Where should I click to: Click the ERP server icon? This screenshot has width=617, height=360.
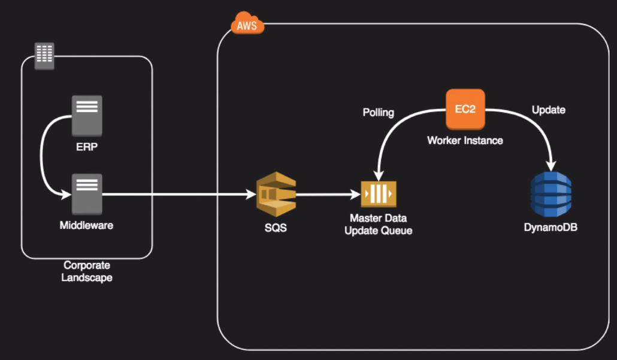coord(87,116)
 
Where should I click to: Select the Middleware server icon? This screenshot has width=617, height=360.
coord(87,194)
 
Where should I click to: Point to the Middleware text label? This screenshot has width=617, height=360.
coord(86,226)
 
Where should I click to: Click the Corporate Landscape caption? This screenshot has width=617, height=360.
coord(87,271)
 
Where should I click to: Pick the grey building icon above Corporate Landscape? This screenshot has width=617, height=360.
coord(44,55)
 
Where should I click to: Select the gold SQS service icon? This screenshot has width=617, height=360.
coord(276,195)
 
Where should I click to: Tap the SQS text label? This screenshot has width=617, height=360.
coord(276,229)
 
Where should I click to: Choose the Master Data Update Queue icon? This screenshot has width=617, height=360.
coord(379,194)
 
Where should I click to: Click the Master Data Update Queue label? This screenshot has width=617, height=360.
coord(379,224)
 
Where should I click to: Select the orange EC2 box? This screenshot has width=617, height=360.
coord(465,109)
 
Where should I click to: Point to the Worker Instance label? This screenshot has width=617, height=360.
coord(465,141)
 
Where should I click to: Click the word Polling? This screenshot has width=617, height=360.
coord(379,112)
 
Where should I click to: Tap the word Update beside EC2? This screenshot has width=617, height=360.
coord(548,110)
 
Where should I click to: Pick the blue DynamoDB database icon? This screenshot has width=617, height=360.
coord(551,193)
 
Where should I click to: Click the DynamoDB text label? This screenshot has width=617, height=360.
coord(551,228)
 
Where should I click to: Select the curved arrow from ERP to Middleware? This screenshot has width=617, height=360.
coord(42,156)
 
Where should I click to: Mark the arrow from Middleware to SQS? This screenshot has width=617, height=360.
coord(180,194)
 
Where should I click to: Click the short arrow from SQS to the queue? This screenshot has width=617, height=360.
coord(326,194)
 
